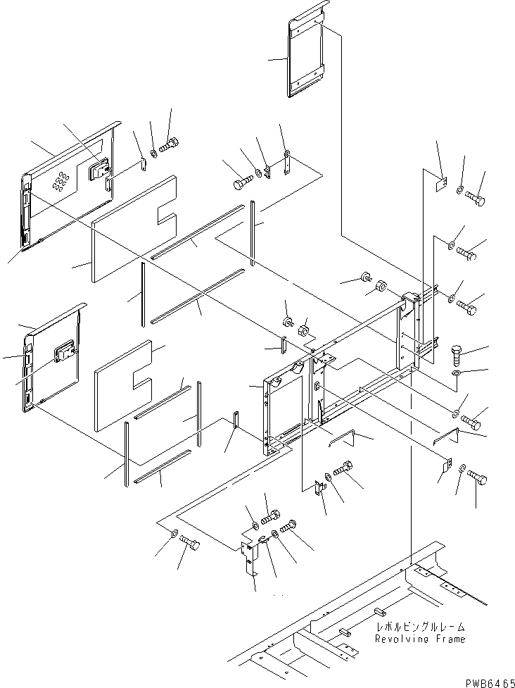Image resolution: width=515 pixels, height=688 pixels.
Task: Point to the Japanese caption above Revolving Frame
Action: point(420,627)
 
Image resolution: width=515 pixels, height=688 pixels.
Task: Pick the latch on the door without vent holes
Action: point(67,350)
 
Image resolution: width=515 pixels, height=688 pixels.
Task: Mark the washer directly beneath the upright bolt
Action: point(456,371)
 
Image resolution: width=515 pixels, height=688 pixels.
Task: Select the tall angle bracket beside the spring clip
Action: point(248,559)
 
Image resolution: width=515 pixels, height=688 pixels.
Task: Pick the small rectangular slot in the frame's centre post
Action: point(317,386)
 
